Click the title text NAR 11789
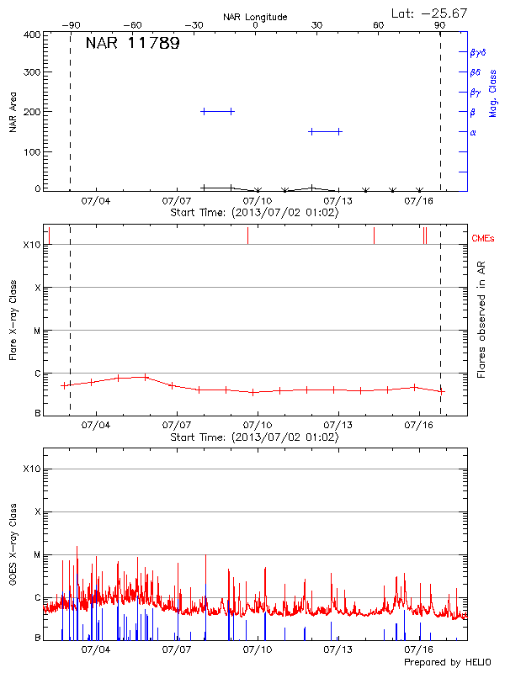(x=132, y=44)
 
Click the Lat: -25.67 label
(x=430, y=13)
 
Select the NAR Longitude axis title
(x=255, y=17)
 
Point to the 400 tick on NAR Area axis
(x=33, y=35)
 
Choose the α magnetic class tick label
(x=473, y=132)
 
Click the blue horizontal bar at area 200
(x=217, y=111)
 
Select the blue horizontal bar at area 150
(x=325, y=131)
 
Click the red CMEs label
(x=484, y=239)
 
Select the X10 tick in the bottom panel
(x=31, y=469)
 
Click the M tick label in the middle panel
(x=37, y=331)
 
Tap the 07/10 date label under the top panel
(x=257, y=202)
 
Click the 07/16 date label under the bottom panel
(x=418, y=649)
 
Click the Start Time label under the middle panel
(x=254, y=437)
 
